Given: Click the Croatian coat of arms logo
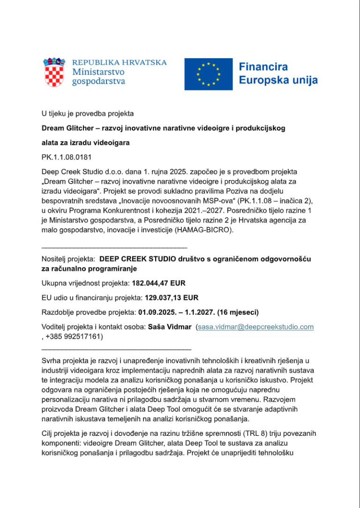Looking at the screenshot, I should [x=54, y=73].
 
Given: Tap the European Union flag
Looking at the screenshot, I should [x=208, y=74].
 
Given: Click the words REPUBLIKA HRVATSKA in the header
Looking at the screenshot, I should [x=120, y=63].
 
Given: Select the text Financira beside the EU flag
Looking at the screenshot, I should [x=263, y=67].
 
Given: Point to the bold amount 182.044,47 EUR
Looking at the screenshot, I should [x=159, y=283].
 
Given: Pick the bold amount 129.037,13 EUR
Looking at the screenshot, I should [x=171, y=297].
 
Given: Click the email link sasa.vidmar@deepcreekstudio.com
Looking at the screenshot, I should [x=255, y=327].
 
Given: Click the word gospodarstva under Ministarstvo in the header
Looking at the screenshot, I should [x=98, y=82].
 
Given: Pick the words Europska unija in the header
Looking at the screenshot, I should [x=278, y=80].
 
